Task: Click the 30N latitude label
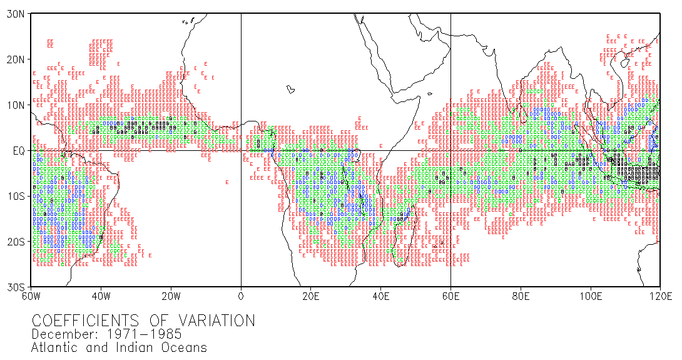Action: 16,14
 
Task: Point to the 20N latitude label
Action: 16,59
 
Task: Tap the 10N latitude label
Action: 16,105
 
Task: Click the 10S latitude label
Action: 16,197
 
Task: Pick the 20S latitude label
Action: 16,242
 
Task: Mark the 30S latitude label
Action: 16,287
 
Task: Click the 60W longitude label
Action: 31,296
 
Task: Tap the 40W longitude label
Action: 101,296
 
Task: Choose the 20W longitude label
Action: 171,296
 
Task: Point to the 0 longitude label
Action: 241,296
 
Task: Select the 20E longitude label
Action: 311,296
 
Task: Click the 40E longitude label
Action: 381,296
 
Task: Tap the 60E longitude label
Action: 450,296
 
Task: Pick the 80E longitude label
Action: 521,296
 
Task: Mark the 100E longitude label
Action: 591,296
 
